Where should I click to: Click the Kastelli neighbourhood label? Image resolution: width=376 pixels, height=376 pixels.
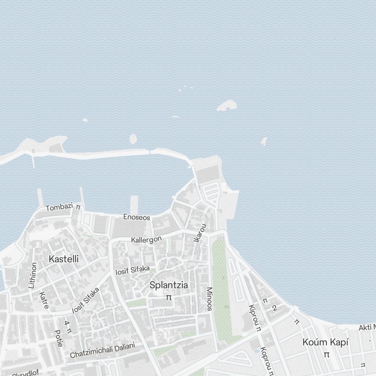coord(64,259)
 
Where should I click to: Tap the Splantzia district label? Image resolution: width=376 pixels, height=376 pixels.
coord(169,285)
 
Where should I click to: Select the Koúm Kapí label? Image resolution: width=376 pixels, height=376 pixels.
coord(326,343)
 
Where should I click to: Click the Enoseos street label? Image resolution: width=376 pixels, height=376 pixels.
coord(137,217)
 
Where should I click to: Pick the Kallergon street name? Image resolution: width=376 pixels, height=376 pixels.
coord(146,240)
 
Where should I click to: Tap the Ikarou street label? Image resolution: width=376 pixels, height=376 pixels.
coord(200,233)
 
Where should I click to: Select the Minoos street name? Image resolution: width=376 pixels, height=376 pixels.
coord(209,299)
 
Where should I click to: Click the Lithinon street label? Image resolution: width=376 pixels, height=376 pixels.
coord(33,275)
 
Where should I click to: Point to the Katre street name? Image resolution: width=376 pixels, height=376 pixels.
coord(44,300)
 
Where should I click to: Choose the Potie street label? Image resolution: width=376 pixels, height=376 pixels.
coord(58,338)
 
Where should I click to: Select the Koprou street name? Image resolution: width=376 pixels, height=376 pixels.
coord(265,361)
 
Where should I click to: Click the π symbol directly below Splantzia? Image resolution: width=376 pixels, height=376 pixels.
coord(169,297)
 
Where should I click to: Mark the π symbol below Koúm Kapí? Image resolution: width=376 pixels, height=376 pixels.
coord(326,354)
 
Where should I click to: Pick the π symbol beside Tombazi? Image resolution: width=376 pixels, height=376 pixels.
coord(78,206)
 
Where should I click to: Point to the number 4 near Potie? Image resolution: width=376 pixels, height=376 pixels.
coord(67,323)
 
